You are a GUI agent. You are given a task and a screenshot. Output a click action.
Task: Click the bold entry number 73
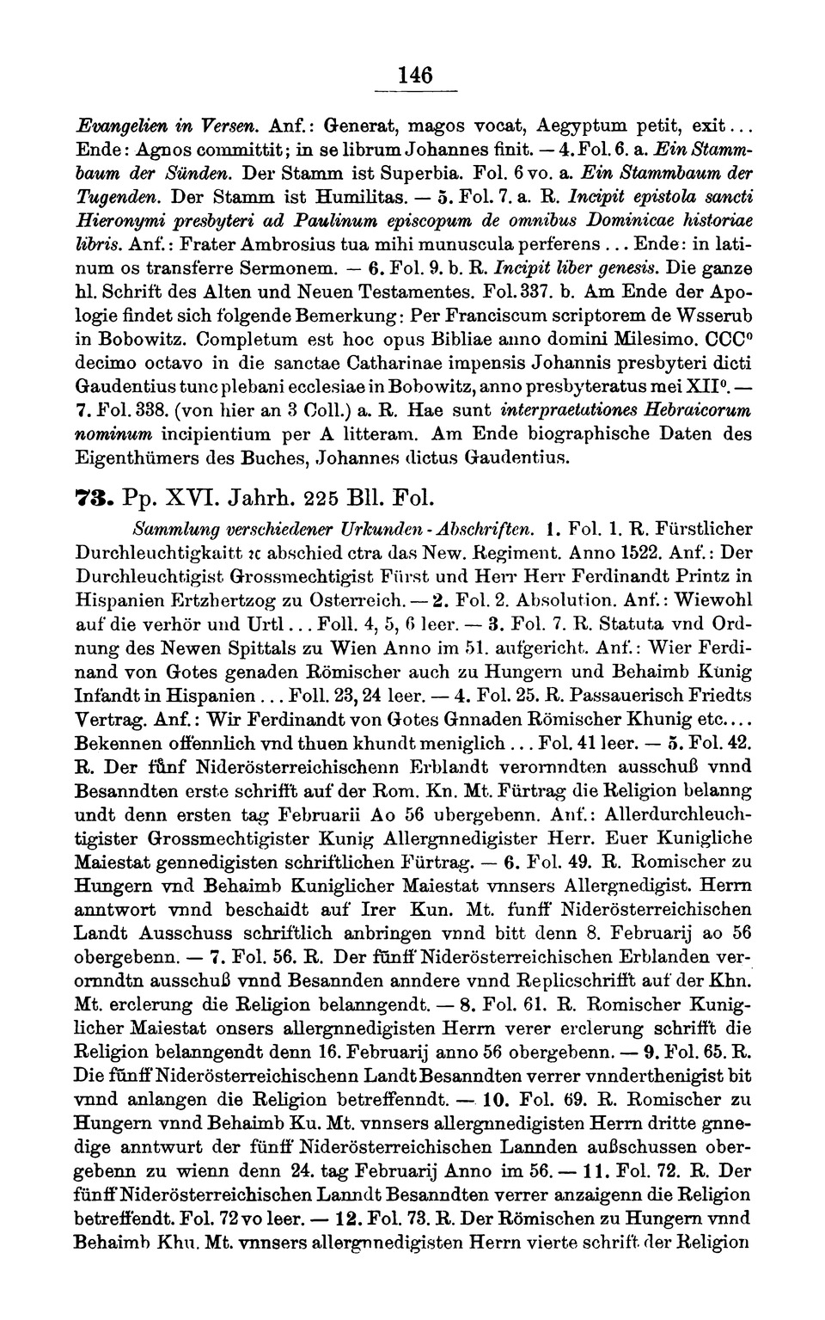click(x=92, y=498)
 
